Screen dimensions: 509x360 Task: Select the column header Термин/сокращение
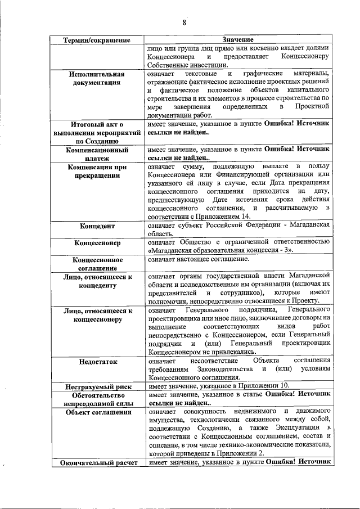click(97, 40)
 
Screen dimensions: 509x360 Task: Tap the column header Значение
click(237, 40)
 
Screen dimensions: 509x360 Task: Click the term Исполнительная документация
click(97, 78)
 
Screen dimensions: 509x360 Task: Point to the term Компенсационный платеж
click(97, 155)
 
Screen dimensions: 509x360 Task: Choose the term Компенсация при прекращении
click(97, 172)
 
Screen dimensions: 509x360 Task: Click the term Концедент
click(97, 226)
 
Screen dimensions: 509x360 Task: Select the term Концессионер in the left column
click(97, 244)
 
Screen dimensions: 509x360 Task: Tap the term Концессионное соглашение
click(97, 264)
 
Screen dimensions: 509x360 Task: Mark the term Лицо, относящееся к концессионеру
click(97, 314)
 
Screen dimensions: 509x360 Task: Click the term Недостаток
click(97, 362)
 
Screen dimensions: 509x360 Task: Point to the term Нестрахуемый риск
click(97, 386)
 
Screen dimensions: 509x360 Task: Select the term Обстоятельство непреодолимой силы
click(97, 399)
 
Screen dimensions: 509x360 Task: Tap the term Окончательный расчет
click(97, 462)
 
